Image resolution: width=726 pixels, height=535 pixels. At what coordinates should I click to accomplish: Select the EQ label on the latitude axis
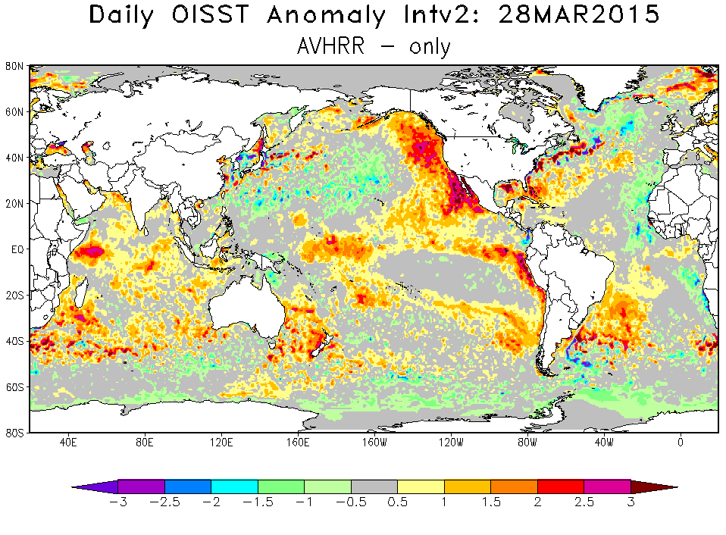(17, 249)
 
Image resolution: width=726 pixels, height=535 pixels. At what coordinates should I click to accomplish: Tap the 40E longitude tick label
(67, 442)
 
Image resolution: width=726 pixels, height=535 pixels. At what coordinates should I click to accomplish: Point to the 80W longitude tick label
(527, 442)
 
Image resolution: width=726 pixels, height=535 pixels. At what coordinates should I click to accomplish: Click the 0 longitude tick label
(681, 442)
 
